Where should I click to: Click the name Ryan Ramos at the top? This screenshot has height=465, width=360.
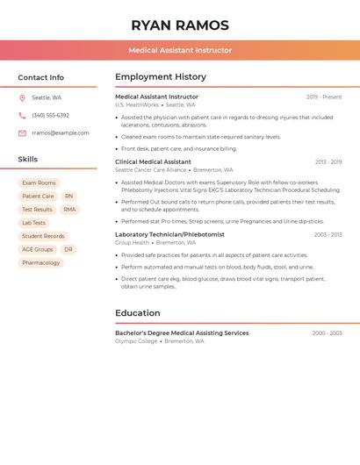pyautogui.click(x=180, y=25)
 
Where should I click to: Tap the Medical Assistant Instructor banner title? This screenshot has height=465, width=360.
pyautogui.click(x=180, y=50)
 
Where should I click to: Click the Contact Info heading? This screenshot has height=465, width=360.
pyautogui.click(x=40, y=77)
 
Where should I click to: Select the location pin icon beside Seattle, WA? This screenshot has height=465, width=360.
pyautogui.click(x=22, y=97)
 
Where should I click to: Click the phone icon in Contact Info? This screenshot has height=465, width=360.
pyautogui.click(x=22, y=115)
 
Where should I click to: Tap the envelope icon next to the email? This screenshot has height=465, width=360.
pyautogui.click(x=22, y=132)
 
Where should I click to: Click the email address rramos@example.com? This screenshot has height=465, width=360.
pyautogui.click(x=61, y=132)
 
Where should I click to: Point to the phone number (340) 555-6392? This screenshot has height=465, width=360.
pyautogui.click(x=50, y=115)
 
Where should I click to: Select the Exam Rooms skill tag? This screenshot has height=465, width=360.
pyautogui.click(x=39, y=182)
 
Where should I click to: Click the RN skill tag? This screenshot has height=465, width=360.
pyautogui.click(x=68, y=196)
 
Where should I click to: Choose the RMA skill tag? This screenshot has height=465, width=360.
pyautogui.click(x=69, y=209)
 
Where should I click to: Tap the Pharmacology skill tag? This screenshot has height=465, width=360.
pyautogui.click(x=40, y=262)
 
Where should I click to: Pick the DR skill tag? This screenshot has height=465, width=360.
pyautogui.click(x=68, y=249)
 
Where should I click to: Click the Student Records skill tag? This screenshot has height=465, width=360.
pyautogui.click(x=43, y=236)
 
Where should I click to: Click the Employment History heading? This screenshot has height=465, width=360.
pyautogui.click(x=161, y=77)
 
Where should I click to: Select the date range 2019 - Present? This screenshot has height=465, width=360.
pyautogui.click(x=323, y=97)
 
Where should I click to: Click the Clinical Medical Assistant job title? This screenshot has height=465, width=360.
pyautogui.click(x=153, y=161)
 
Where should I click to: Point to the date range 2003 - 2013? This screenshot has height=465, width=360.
pyautogui.click(x=328, y=234)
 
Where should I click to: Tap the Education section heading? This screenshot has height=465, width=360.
pyautogui.click(x=138, y=312)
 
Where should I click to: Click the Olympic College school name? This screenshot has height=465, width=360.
pyautogui.click(x=136, y=341)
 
